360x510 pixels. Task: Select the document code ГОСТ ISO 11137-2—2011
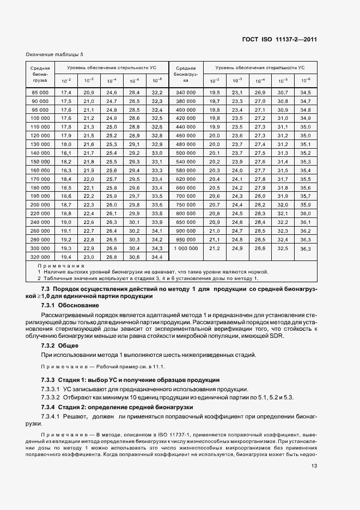pos(280,40)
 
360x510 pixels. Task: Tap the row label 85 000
pos(40,93)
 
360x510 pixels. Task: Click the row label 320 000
pos(40,257)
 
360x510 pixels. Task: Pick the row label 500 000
pos(185,153)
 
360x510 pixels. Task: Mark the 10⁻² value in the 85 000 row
pos(66,93)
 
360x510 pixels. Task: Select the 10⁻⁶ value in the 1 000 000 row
pos(305,248)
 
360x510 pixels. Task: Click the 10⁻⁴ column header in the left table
pos(112,81)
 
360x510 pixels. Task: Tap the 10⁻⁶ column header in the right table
pos(305,81)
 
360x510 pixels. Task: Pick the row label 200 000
pos(40,203)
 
